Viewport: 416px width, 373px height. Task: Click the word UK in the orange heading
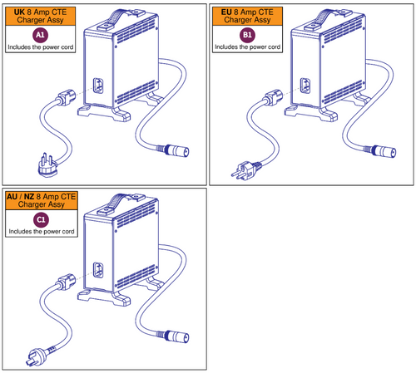[x=18, y=10]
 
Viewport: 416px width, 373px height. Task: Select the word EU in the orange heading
[x=226, y=10]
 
